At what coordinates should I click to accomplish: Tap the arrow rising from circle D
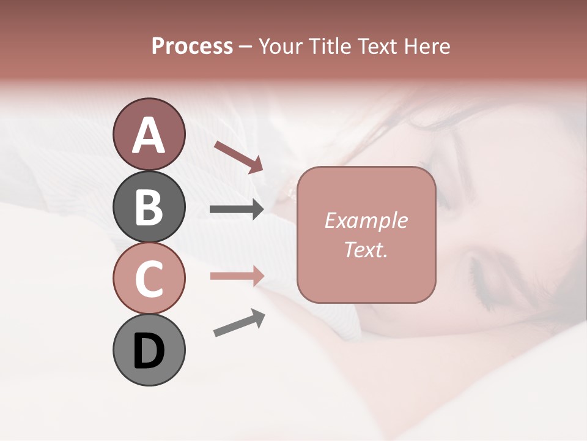(x=239, y=323)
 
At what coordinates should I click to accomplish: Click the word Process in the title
(x=192, y=47)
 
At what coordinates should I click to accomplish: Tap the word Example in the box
(x=366, y=221)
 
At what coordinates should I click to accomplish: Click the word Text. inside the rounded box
(x=366, y=249)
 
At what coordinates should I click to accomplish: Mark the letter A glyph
(x=149, y=135)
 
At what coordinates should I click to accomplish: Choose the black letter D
(x=149, y=352)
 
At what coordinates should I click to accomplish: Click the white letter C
(x=149, y=279)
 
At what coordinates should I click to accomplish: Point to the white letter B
(x=149, y=207)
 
